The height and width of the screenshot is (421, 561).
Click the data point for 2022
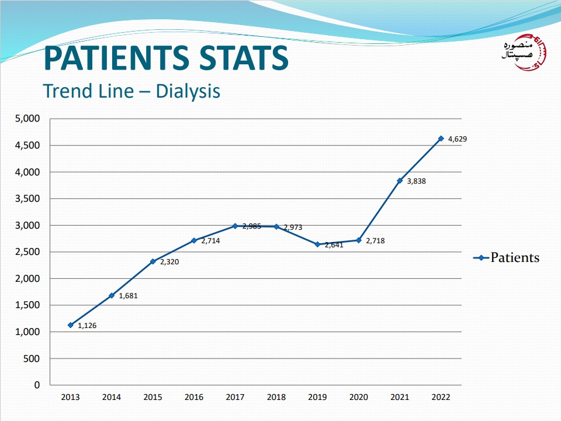(x=441, y=139)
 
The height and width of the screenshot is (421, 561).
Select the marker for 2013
(x=71, y=325)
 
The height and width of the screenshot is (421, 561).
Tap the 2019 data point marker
(x=317, y=244)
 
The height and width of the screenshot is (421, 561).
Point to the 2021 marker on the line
(x=400, y=181)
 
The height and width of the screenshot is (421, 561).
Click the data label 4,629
(x=458, y=139)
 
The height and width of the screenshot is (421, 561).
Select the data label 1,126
(x=87, y=326)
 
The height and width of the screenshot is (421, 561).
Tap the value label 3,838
(x=416, y=181)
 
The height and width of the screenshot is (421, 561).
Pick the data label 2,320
(x=169, y=262)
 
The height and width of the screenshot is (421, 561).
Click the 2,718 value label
(x=375, y=240)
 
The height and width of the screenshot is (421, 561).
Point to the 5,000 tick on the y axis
(x=27, y=119)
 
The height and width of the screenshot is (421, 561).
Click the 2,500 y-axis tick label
(x=27, y=252)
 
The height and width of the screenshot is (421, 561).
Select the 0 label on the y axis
(x=37, y=385)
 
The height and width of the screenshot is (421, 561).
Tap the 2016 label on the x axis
(x=194, y=398)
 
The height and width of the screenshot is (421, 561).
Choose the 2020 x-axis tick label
(x=358, y=398)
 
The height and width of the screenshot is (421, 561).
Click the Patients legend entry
(x=506, y=258)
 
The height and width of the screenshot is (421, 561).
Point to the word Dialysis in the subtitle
(x=188, y=91)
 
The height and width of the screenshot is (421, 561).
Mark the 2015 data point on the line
(x=153, y=261)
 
